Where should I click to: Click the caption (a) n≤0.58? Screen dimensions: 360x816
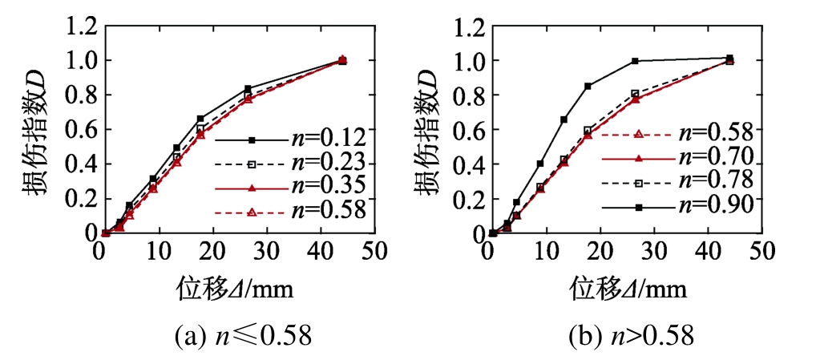tap(243, 336)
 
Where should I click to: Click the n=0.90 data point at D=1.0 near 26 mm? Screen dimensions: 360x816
tap(635, 61)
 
